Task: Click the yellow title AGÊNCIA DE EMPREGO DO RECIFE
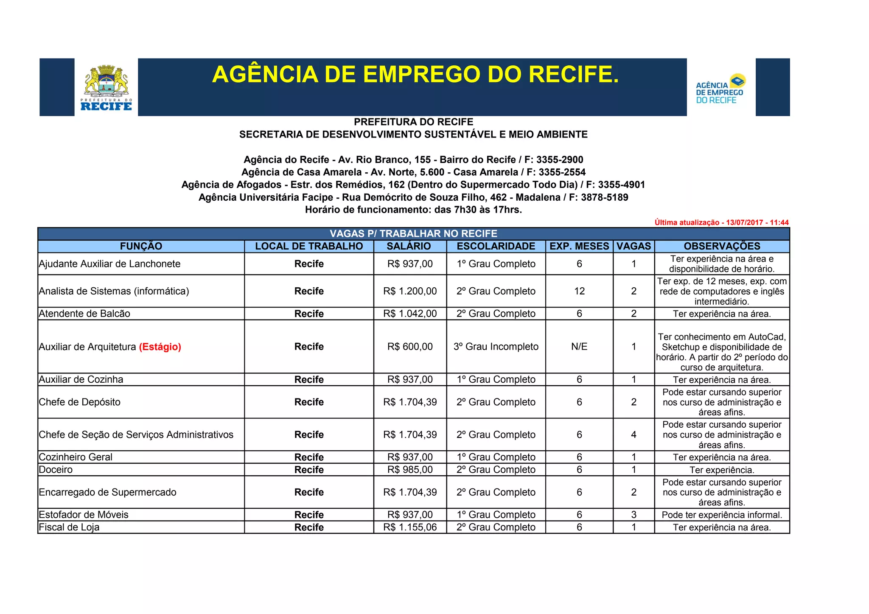[415, 74]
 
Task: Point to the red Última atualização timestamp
[721, 222]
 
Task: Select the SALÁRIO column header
[409, 246]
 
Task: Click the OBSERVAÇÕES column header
[722, 246]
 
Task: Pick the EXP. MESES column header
[579, 246]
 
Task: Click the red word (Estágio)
[160, 347]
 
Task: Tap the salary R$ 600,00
[410, 347]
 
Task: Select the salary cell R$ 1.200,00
[410, 291]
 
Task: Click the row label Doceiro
[56, 469]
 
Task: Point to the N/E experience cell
[579, 347]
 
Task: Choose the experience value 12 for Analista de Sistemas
[579, 291]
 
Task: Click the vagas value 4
[634, 435]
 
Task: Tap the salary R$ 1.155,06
[410, 527]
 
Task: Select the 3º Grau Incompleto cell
[496, 347]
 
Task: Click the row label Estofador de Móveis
[84, 515]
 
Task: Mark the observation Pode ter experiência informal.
[722, 515]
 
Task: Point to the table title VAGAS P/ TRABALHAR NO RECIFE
[413, 234]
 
